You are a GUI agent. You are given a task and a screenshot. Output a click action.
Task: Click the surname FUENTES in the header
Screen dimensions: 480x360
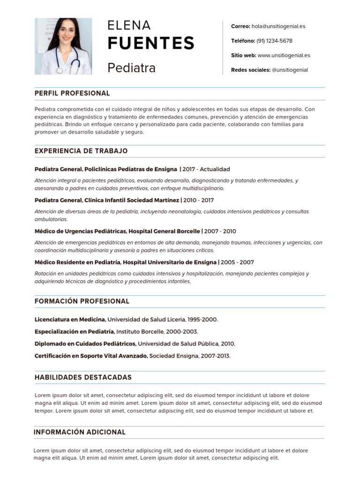[150, 43]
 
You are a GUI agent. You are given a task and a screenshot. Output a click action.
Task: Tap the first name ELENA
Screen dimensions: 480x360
[129, 25]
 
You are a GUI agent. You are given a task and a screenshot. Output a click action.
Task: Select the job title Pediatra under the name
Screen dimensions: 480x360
[131, 68]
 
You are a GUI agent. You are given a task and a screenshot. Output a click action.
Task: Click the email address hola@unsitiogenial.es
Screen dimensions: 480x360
[278, 26]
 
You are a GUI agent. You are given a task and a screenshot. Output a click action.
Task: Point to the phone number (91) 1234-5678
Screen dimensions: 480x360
[274, 41]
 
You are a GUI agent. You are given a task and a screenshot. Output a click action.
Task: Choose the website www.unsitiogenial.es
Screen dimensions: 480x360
[284, 55]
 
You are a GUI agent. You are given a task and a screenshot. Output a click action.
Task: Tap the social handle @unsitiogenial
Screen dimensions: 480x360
[290, 70]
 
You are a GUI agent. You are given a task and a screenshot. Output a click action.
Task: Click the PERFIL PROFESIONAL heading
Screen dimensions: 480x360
[72, 93]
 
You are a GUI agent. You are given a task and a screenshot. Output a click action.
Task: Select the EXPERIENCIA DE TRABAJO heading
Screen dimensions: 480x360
[81, 151]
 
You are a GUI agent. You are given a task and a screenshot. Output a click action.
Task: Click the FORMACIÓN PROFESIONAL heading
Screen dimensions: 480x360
[82, 301]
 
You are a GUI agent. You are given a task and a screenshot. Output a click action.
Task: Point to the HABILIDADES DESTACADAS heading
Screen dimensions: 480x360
[83, 377]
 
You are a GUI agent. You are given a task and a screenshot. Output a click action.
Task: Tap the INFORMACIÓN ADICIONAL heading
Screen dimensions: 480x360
[80, 432]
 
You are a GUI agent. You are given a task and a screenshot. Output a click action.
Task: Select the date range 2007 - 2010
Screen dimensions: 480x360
[220, 231]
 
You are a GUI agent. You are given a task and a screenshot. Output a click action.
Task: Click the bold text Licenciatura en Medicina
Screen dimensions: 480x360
[70, 319]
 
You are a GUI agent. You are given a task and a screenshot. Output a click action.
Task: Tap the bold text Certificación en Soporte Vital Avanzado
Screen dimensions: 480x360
[91, 356]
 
